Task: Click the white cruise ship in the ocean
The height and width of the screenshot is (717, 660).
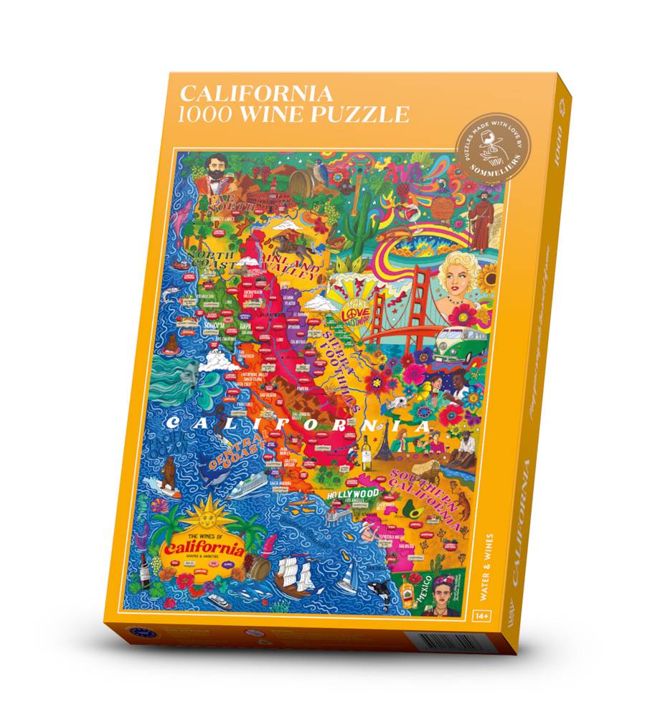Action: [246, 490]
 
